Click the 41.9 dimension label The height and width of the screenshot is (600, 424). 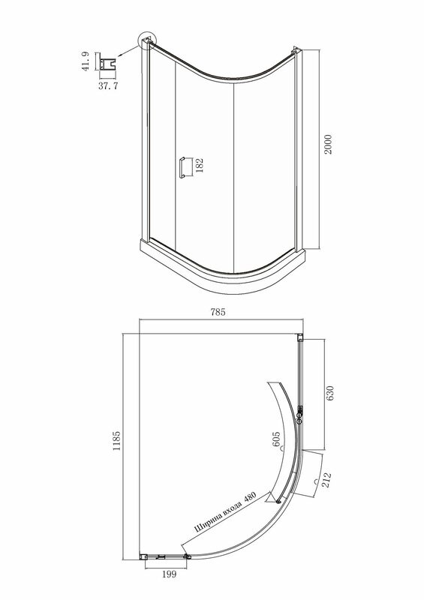(86, 61)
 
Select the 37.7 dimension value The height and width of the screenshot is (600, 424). (108, 85)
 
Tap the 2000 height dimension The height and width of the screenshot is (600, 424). (328, 144)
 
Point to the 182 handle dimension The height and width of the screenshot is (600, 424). (199, 166)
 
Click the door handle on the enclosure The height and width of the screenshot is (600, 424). (182, 167)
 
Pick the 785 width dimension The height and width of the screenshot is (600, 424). (218, 312)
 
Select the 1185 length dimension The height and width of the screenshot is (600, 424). (116, 441)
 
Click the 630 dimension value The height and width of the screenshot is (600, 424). (329, 393)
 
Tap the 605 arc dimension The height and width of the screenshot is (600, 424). (276, 439)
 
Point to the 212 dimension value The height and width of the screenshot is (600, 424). (326, 480)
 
